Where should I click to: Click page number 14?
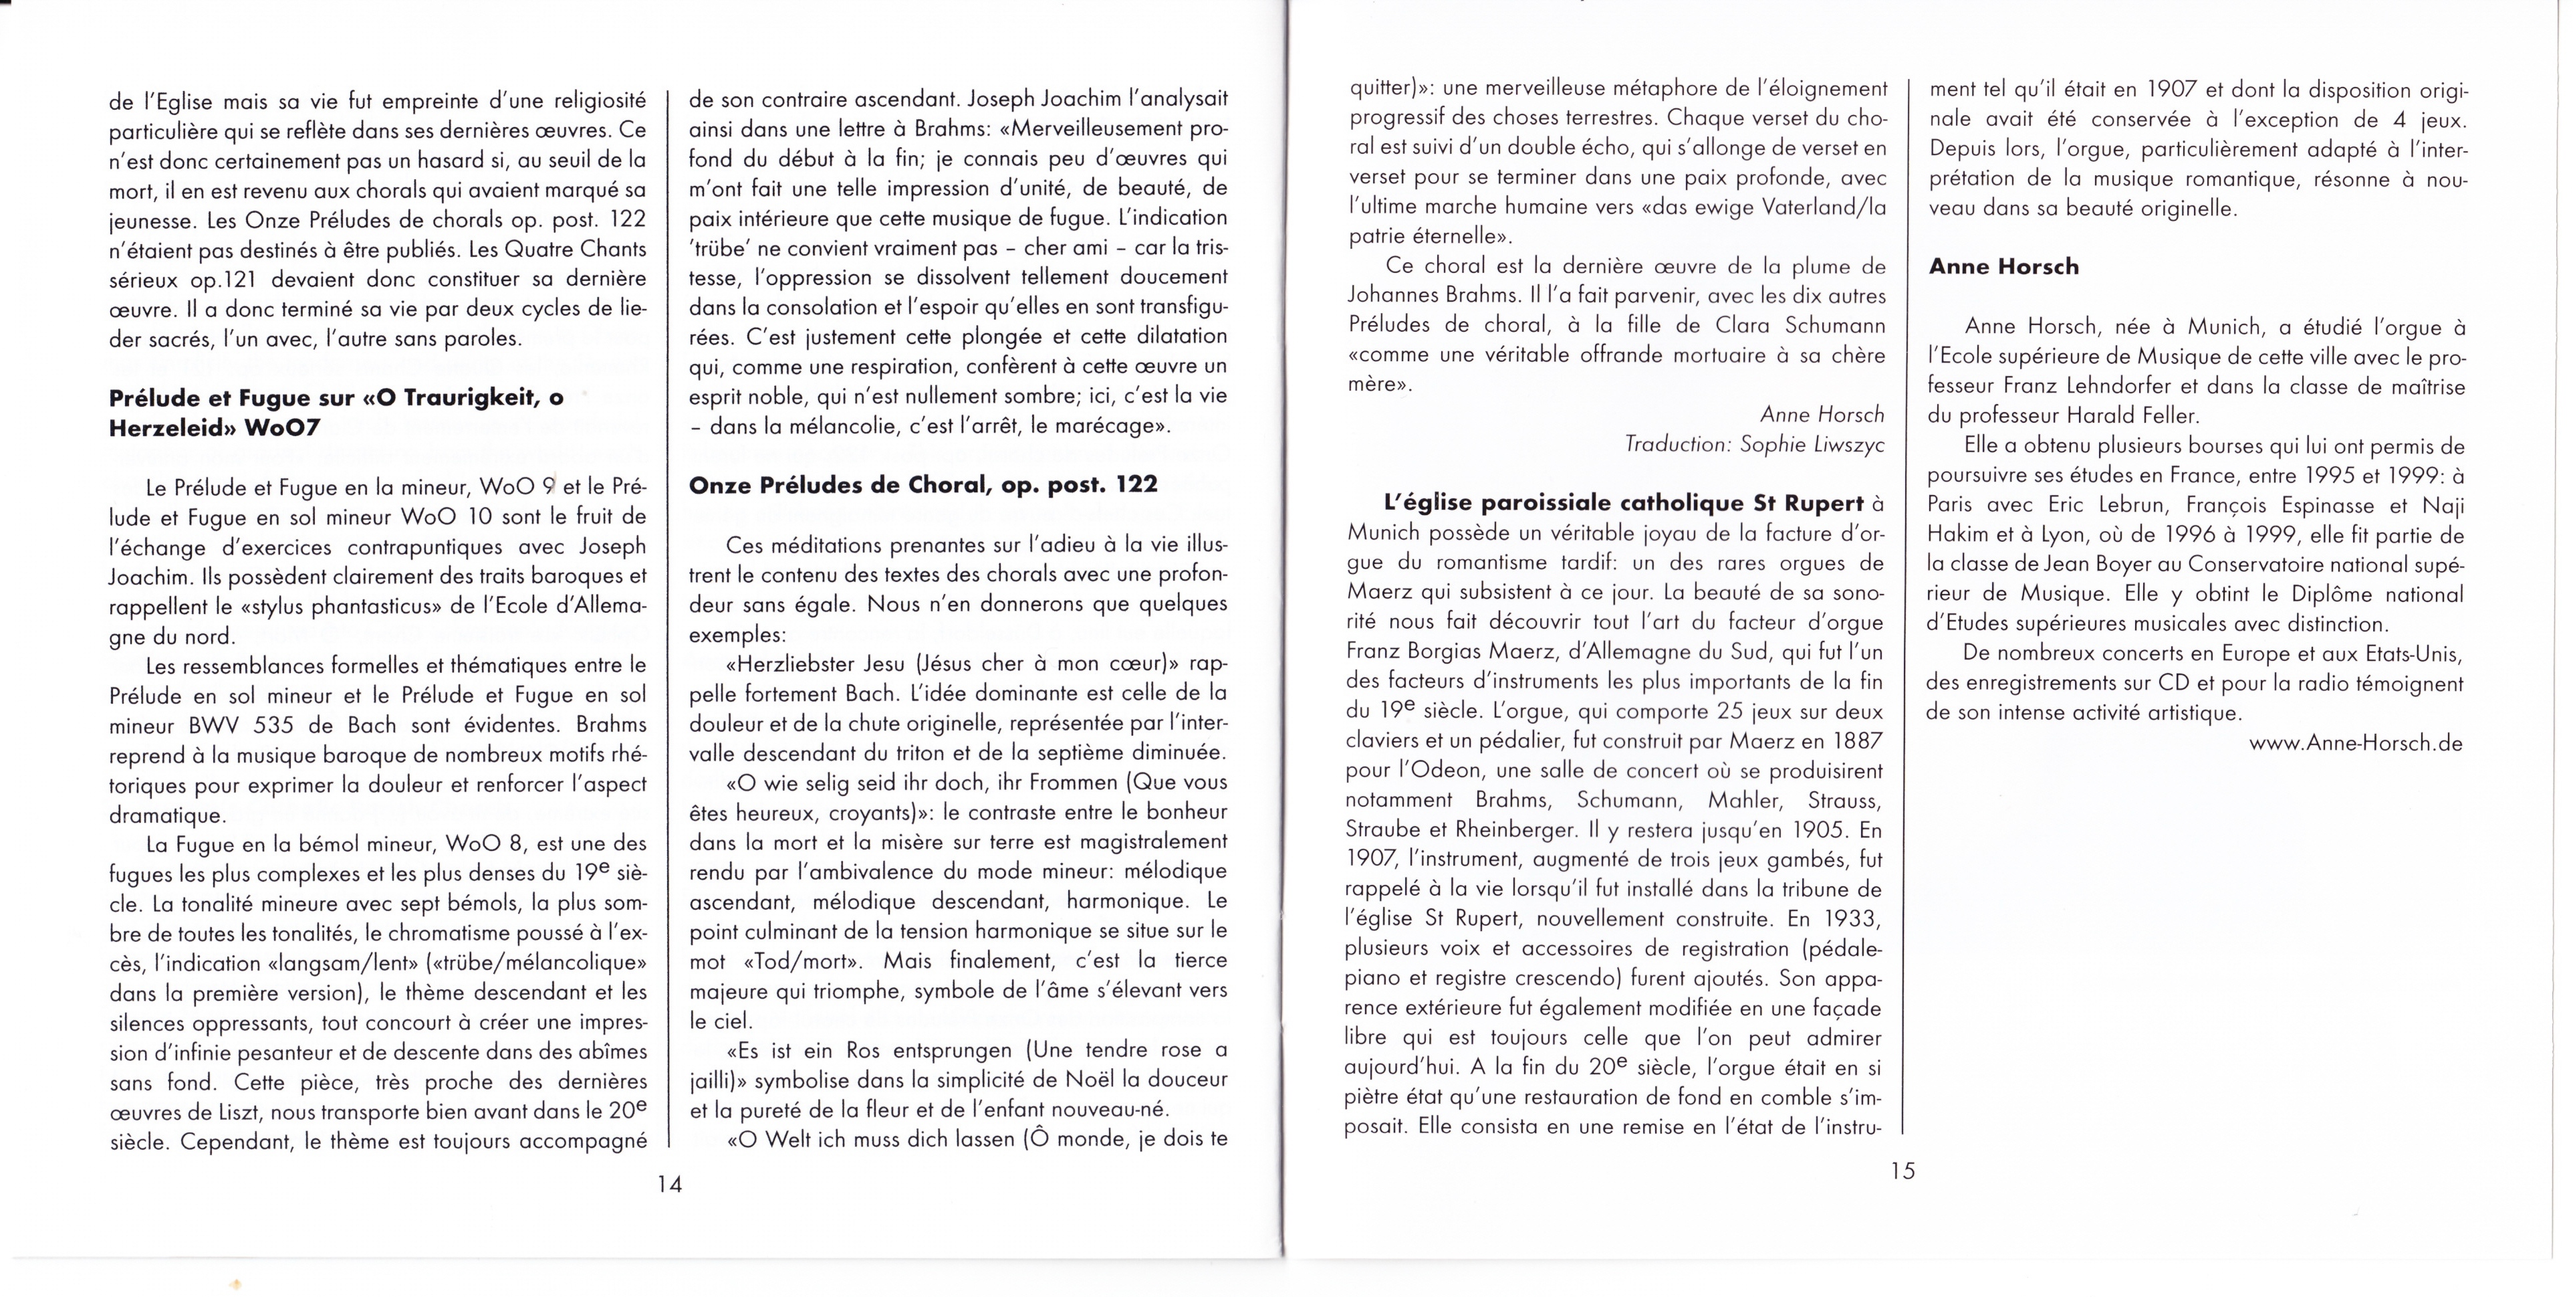(668, 1184)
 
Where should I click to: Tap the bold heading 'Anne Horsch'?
(2003, 267)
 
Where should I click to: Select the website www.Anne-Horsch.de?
(2355, 743)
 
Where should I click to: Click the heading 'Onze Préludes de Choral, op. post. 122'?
(923, 485)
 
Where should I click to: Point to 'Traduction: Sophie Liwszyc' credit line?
(1754, 443)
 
